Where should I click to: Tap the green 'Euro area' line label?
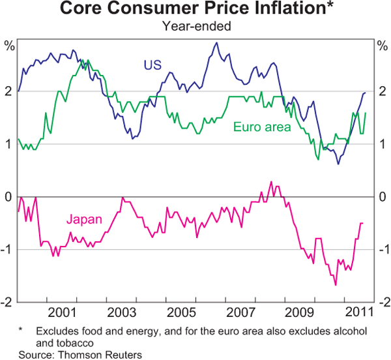(261, 127)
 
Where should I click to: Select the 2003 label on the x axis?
(122, 311)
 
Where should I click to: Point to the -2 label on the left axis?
(8, 302)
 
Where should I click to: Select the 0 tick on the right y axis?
(381, 197)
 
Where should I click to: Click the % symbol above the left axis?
(9, 45)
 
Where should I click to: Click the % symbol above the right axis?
(381, 45)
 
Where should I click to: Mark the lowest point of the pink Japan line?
(336, 285)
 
